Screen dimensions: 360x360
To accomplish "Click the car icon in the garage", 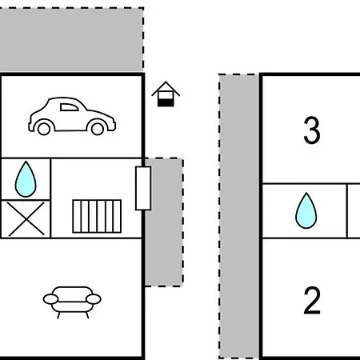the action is [x=72, y=116].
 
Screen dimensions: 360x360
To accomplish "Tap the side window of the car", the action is [x=69, y=107].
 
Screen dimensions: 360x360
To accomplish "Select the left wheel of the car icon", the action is [x=44, y=129].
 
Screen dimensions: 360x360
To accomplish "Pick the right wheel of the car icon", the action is [x=98, y=129].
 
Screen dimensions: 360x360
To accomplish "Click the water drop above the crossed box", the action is [x=26, y=179].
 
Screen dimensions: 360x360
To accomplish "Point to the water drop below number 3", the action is [x=306, y=210].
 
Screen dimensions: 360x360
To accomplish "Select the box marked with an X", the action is [x=26, y=219].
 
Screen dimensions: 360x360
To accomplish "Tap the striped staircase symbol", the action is [x=97, y=216].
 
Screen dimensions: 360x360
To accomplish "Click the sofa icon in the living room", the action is [x=72, y=302].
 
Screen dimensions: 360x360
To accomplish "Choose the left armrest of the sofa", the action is [x=50, y=299].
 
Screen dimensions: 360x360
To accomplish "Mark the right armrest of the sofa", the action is [x=94, y=299].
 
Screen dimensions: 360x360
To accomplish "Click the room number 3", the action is [x=312, y=130].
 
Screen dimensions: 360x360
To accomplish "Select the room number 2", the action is [x=312, y=300].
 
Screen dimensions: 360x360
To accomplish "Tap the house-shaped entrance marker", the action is [x=166, y=94].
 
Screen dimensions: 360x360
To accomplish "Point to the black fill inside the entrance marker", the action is [x=166, y=102].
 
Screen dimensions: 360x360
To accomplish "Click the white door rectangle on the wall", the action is [x=143, y=188].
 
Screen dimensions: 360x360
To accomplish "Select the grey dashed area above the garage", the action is [x=71, y=40].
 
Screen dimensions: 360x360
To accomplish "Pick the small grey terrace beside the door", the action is [x=164, y=222].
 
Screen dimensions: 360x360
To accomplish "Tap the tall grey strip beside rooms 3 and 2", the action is [x=238, y=216].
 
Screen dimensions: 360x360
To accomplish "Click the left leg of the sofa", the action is [x=58, y=315].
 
